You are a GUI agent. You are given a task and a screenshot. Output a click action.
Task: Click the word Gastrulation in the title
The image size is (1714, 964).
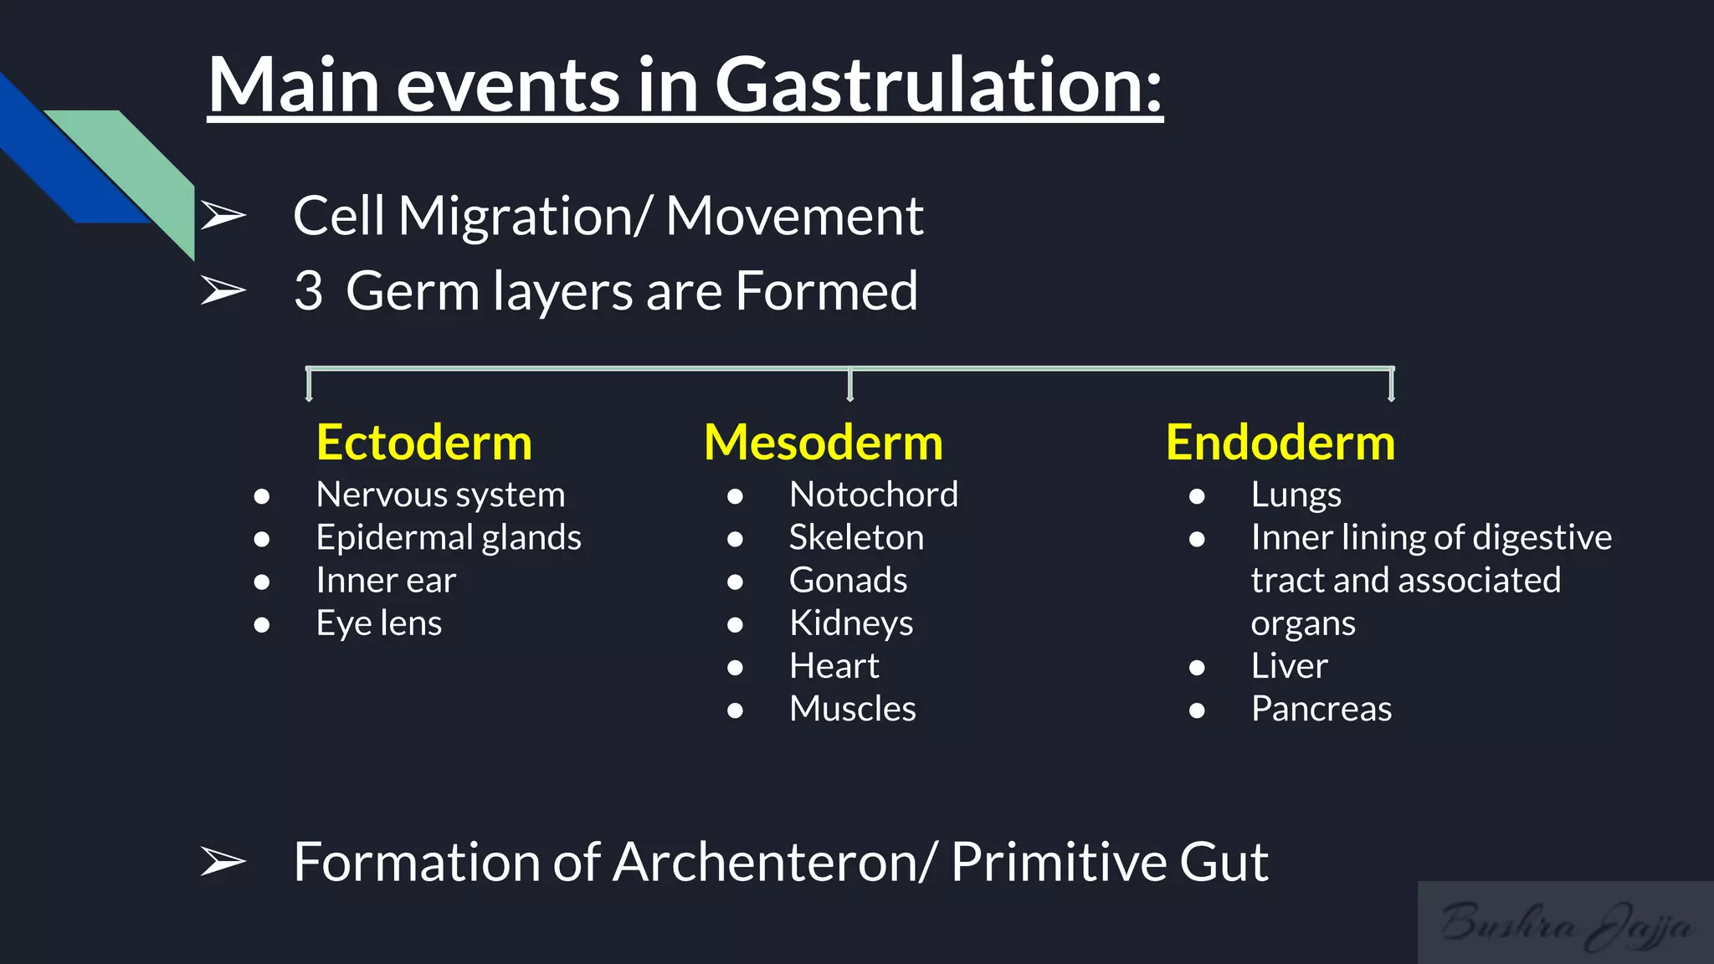click(x=937, y=85)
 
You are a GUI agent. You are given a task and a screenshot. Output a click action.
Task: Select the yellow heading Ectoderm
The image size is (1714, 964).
click(x=424, y=443)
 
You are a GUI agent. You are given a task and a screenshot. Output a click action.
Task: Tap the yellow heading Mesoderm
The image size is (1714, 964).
click(x=824, y=443)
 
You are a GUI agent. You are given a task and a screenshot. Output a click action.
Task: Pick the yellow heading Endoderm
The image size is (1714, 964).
click(x=1280, y=443)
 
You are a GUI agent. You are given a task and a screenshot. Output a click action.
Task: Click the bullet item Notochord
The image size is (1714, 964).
click(x=873, y=495)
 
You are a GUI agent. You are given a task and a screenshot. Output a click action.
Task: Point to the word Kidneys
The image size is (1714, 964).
click(x=850, y=623)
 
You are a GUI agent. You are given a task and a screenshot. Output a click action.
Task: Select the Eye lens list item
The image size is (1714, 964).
click(x=378, y=623)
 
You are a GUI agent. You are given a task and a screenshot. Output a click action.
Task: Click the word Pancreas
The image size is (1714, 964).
click(x=1321, y=709)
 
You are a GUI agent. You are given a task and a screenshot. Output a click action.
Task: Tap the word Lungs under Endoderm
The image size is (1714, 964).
click(x=1296, y=495)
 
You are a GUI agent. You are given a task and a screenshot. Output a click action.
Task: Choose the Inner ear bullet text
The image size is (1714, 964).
click(x=386, y=581)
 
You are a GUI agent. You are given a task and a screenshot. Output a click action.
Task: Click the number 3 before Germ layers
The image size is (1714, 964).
click(x=308, y=291)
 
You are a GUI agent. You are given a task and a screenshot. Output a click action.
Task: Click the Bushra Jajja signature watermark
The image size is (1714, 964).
click(x=1565, y=924)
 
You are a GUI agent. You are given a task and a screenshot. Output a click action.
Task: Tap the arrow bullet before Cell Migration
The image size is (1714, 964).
click(x=223, y=216)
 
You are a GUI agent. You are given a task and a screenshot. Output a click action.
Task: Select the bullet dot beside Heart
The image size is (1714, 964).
click(x=735, y=667)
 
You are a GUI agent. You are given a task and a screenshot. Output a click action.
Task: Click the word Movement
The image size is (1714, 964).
click(x=793, y=216)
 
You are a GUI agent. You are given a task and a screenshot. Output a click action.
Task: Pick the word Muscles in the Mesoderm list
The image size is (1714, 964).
click(x=852, y=709)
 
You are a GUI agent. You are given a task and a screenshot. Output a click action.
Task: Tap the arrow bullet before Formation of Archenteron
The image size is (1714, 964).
click(x=223, y=862)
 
